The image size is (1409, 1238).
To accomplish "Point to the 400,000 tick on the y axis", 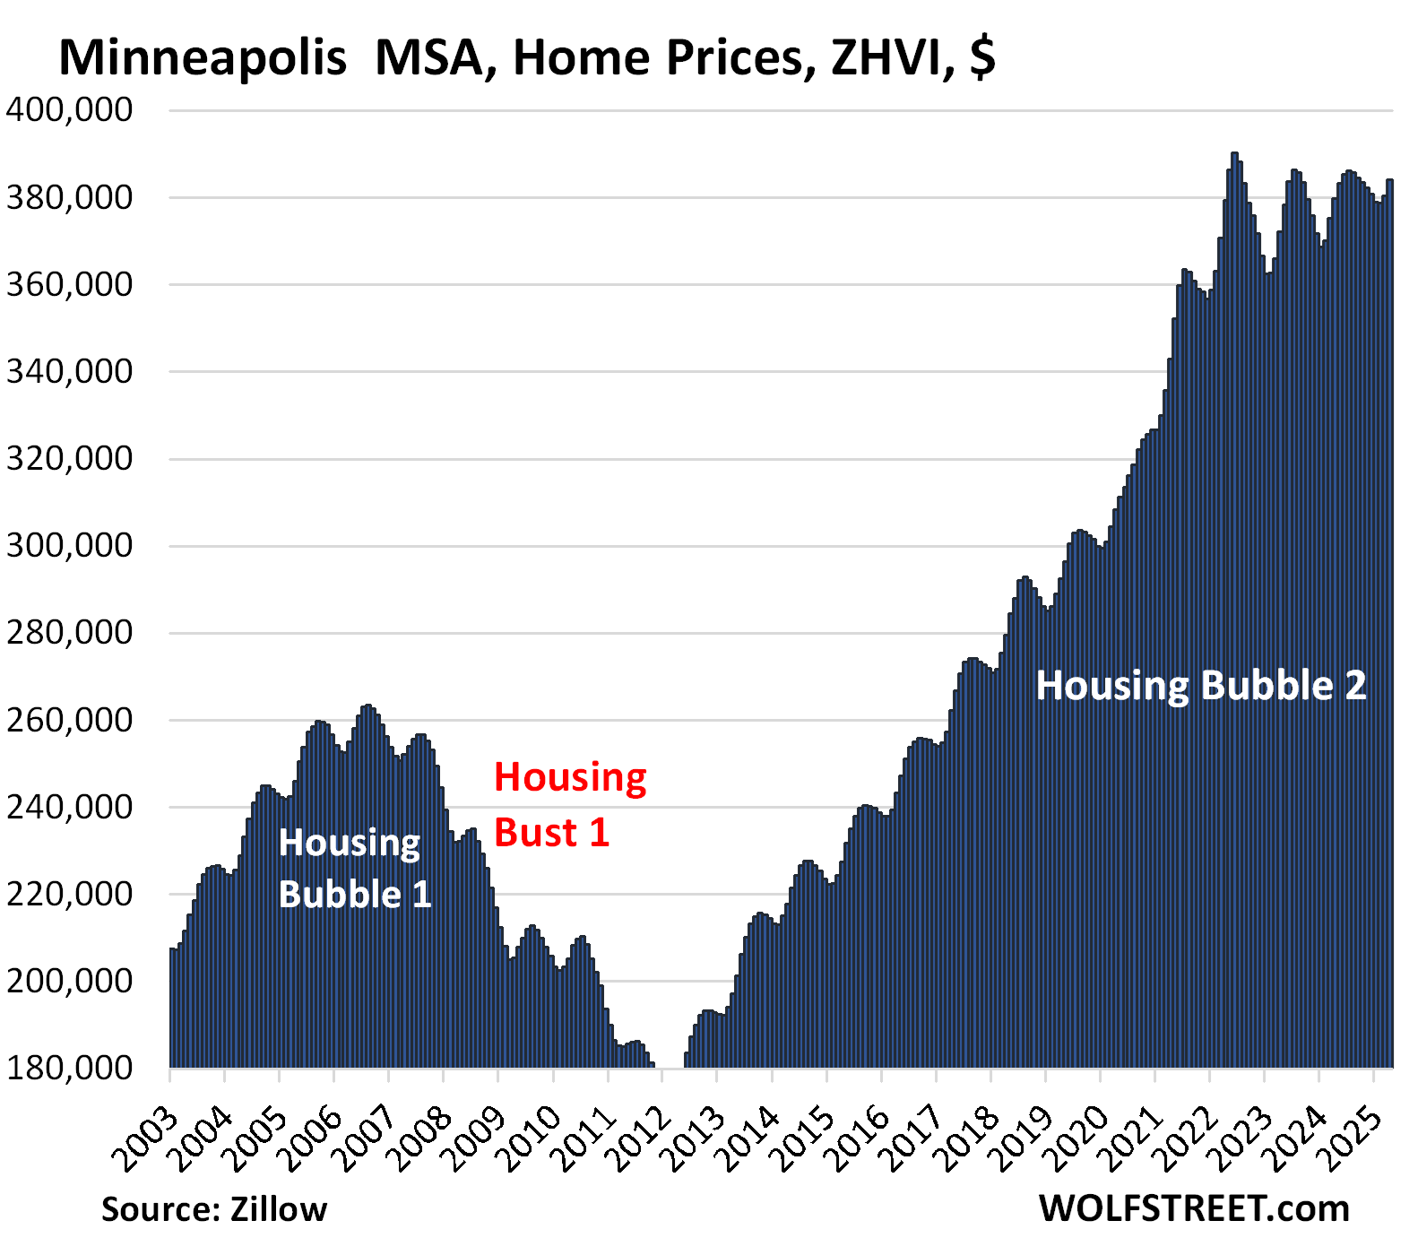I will (69, 110).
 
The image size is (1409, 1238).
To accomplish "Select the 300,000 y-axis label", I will (69, 545).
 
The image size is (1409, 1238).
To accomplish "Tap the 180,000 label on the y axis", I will (69, 1068).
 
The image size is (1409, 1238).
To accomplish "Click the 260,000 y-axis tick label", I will (69, 720).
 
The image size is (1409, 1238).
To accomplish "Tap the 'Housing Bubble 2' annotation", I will (1200, 686).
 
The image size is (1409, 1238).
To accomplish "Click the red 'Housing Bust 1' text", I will (569, 805).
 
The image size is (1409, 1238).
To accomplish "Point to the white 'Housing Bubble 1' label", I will (354, 869).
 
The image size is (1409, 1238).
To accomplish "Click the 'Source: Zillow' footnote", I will (214, 1209).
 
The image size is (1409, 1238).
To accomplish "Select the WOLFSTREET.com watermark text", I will (1194, 1208).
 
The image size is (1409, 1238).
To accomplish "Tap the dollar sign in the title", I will (982, 58).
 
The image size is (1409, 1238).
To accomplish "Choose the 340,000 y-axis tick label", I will (69, 371).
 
